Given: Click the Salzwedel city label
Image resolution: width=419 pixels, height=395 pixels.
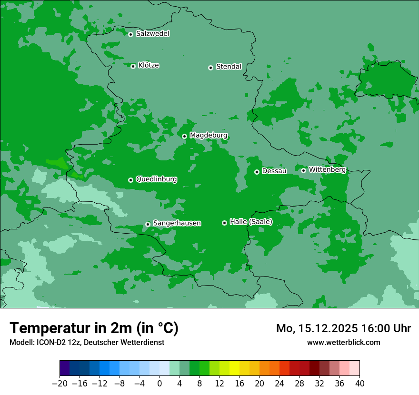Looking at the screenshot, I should click(x=152, y=34).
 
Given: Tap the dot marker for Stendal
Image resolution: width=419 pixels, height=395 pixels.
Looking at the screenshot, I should click(x=210, y=68).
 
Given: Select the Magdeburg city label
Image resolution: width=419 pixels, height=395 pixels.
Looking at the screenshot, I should click(x=209, y=136).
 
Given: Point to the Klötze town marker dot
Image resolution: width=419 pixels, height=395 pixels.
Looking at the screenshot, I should click(x=133, y=66).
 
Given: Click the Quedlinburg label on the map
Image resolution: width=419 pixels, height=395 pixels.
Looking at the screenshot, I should click(x=156, y=179).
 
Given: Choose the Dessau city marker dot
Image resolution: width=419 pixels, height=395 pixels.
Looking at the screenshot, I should click(x=257, y=172).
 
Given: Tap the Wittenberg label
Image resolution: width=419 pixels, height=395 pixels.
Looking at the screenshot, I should click(x=327, y=170).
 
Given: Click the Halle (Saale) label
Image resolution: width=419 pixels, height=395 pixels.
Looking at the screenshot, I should click(x=251, y=222).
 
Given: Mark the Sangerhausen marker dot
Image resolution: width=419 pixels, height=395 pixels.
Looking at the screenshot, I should click(x=148, y=224).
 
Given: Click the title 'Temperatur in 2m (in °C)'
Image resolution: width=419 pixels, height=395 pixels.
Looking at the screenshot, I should click(x=94, y=328).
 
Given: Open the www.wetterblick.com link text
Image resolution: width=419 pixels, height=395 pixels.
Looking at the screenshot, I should click(x=343, y=342).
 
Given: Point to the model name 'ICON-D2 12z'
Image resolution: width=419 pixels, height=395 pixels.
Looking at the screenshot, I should click(x=53, y=342).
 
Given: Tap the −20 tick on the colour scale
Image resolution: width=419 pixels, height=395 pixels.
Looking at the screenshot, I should click(x=60, y=383).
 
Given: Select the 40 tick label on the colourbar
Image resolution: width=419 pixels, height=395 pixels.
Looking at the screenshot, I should click(x=359, y=383).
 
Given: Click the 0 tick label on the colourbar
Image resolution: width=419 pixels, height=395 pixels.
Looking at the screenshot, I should click(x=160, y=383).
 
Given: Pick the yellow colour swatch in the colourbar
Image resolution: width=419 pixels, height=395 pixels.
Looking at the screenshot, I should click(x=234, y=368).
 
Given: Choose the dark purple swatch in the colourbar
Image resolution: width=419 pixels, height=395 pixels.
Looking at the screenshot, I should click(x=65, y=368).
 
